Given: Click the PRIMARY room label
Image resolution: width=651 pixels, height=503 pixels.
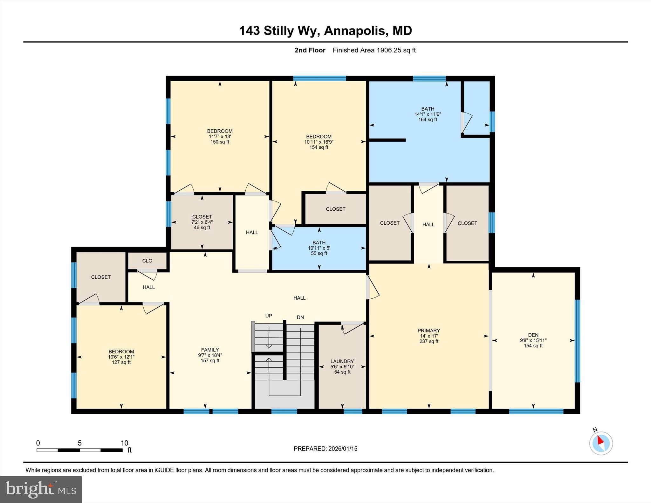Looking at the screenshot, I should (x=428, y=330).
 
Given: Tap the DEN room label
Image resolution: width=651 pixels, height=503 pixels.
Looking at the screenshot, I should (x=533, y=335).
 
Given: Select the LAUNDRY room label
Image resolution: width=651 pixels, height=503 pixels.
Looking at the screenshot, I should (x=342, y=361).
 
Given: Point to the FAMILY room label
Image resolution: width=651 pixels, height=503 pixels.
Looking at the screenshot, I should (x=210, y=350).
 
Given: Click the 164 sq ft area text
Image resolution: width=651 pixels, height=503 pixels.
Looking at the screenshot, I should (x=428, y=120).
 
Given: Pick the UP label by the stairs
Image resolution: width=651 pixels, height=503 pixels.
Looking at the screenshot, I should (x=269, y=316).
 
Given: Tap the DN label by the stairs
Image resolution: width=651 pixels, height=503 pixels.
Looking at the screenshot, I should (x=300, y=317).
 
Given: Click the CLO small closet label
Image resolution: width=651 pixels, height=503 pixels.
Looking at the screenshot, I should (x=147, y=261).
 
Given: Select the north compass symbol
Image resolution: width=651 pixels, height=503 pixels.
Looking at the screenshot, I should (x=601, y=443).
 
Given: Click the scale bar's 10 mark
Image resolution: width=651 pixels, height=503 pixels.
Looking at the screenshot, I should (x=124, y=443).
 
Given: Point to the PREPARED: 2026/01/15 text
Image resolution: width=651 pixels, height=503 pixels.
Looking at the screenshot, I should (x=325, y=449).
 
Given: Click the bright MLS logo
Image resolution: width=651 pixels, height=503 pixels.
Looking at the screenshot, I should (x=41, y=489).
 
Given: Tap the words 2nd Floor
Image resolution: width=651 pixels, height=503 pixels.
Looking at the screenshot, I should (x=310, y=50).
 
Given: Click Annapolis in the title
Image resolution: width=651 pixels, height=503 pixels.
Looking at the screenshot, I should (x=355, y=31).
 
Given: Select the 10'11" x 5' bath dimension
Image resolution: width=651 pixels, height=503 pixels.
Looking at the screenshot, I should (x=319, y=248).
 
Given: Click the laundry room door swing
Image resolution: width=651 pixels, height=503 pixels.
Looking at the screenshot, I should (x=351, y=328).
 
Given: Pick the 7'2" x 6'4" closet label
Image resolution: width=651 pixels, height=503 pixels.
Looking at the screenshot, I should (x=202, y=222).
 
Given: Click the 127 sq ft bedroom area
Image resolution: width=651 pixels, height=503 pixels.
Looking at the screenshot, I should (x=121, y=362).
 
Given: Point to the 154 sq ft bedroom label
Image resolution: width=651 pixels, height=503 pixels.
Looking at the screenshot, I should (x=319, y=147).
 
